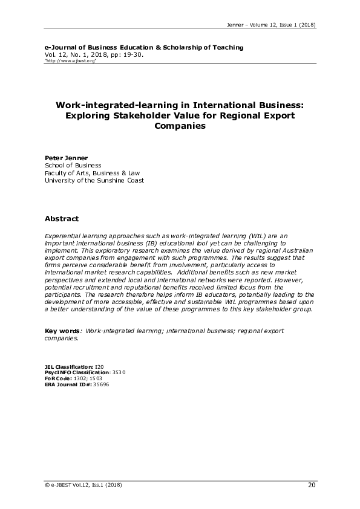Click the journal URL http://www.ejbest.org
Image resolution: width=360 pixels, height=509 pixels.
tap(71, 61)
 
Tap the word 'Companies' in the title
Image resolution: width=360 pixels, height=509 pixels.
tap(180, 126)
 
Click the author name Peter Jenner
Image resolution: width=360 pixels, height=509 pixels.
tap(67, 157)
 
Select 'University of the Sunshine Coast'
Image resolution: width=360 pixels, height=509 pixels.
tap(94, 180)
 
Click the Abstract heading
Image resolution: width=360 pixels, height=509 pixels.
tap(62, 218)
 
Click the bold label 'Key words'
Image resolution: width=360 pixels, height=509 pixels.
tap(62, 331)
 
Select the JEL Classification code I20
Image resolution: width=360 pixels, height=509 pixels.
tap(99, 366)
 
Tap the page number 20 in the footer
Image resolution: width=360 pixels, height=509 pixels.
tap(312, 485)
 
